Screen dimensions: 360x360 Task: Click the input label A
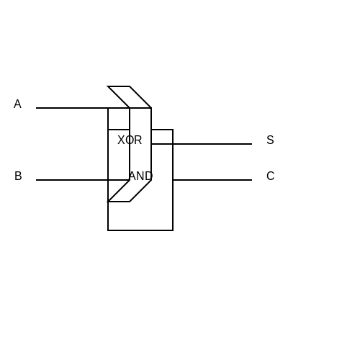pos(17,104)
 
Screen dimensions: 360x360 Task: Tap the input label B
pos(18,176)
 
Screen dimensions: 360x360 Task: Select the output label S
pos(270,140)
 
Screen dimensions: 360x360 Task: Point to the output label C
pos(271,176)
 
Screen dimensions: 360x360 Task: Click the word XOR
pos(130,140)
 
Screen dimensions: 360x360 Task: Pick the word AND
pos(140,176)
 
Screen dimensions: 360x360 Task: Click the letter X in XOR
pos(121,140)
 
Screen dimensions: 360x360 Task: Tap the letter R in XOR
pos(138,140)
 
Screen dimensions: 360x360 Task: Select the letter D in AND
pos(149,176)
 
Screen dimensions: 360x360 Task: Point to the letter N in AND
pos(140,176)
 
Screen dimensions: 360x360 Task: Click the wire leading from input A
pos(72,108)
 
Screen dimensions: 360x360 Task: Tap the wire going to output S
pos(202,144)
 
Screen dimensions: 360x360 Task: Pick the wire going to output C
pos(212,180)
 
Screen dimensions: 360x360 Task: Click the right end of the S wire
pos(252,144)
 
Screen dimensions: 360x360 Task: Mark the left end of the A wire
pos(36,108)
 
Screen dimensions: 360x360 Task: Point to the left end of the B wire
pos(36,180)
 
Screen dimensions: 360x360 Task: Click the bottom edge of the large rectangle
pos(140,230)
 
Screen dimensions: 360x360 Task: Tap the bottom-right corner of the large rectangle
pos(173,230)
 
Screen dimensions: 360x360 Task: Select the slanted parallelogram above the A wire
pos(130,97)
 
